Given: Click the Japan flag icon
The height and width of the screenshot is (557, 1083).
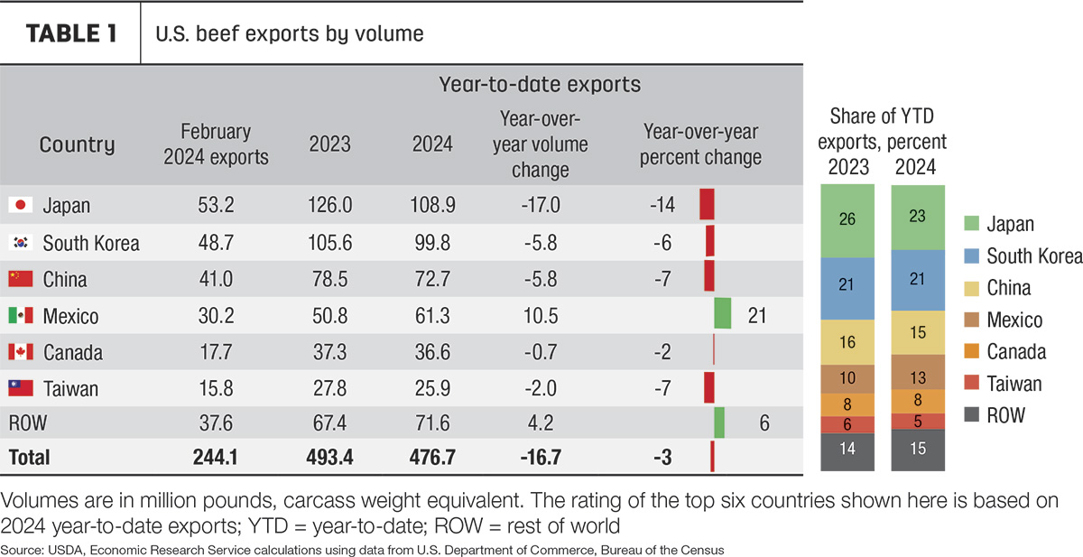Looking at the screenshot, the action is coord(20,205).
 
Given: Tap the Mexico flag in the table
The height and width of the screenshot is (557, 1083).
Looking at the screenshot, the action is coord(20,315).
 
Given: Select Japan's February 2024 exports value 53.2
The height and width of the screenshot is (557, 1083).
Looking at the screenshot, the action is coord(216,205).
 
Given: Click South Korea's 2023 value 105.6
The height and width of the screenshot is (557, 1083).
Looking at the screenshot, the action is coord(329,242).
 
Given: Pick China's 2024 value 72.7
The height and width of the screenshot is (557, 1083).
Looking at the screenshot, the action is coord(432,279).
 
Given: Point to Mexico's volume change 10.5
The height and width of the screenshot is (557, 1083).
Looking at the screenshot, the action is coord(541,316).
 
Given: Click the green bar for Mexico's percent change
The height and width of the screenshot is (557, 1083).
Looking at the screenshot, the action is coord(722,313).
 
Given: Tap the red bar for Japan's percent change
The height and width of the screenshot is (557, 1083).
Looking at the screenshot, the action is coord(707,204).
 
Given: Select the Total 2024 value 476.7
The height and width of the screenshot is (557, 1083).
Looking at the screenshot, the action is coord(432,457).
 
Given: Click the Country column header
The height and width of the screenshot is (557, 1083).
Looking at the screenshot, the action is coord(77,144).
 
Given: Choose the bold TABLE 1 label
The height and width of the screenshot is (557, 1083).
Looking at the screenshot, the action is coord(71,33).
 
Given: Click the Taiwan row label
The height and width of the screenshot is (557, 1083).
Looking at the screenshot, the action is coord(70,389).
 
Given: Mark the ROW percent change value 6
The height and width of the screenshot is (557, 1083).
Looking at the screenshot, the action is coord(764,423).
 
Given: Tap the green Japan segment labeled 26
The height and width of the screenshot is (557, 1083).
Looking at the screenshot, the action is coord(847,221).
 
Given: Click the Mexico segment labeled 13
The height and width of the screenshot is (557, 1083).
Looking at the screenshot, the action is coord(918,372).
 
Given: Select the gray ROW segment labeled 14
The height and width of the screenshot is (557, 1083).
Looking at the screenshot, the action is coord(847,451).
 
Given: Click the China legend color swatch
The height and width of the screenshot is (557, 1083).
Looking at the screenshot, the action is coord(971,288).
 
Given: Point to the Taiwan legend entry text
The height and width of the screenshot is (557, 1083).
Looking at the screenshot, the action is coord(1014,384).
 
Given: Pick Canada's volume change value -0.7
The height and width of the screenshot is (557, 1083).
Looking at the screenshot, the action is coord(541,352).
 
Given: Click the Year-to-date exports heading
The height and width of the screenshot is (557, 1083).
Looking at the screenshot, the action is coord(540,85).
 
